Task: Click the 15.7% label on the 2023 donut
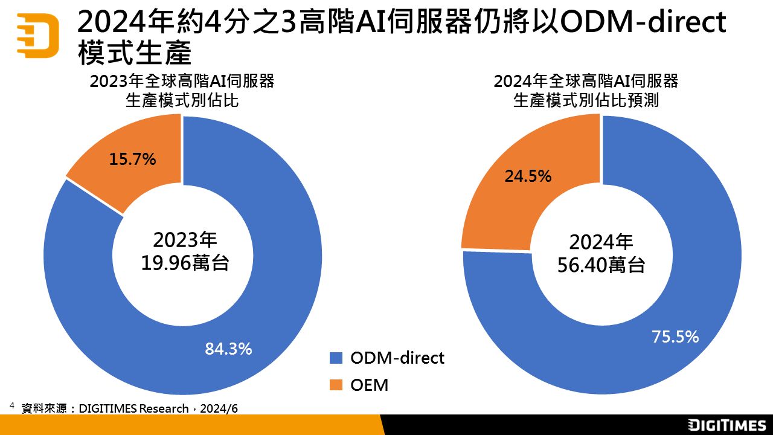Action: coord(132,159)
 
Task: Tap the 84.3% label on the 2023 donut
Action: coord(228,349)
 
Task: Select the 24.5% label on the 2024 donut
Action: coord(527,176)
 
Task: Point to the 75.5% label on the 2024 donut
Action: coord(675,337)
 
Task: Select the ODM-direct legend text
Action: coord(397,358)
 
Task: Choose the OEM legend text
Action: coord(369,385)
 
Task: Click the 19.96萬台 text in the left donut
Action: coord(184,263)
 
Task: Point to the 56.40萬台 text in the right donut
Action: coord(601,265)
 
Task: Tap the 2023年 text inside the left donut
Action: coord(184,240)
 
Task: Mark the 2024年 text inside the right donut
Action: coord(601,242)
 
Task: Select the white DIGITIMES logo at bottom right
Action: coord(727,425)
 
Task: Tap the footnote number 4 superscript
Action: coord(11,405)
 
